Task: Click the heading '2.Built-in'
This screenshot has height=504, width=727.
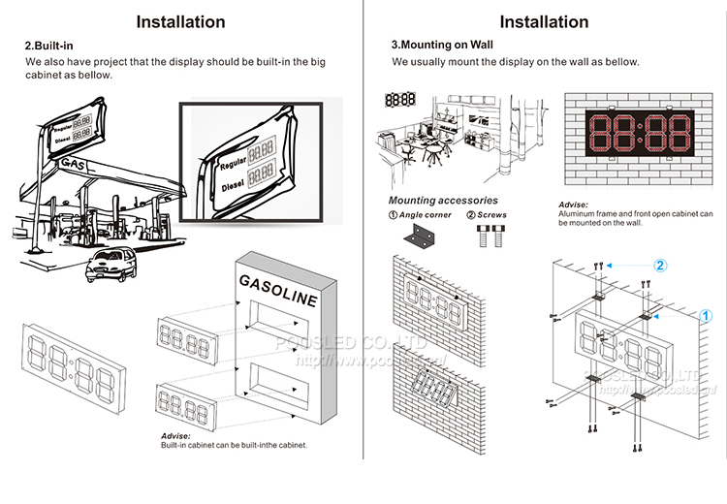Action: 50,46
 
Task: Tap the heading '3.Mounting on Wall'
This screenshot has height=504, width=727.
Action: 436,46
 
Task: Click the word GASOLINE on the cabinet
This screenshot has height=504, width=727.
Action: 277,289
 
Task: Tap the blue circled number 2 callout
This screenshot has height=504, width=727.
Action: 659,264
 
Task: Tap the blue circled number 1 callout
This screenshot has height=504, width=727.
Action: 706,315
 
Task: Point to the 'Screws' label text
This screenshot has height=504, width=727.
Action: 492,215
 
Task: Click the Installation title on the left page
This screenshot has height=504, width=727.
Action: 180,21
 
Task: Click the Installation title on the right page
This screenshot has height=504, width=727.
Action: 544,21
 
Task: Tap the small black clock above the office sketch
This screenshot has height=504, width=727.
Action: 399,99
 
